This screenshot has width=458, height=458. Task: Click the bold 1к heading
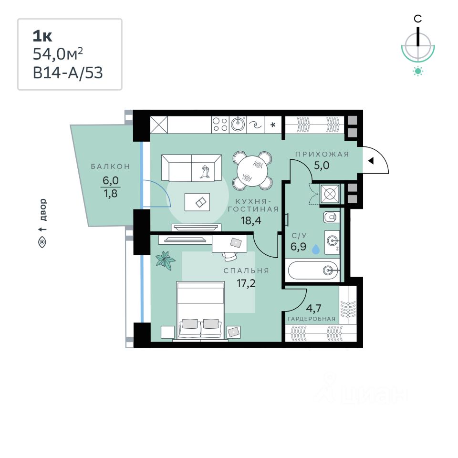point(42,36)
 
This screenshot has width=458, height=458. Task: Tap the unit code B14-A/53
point(67,73)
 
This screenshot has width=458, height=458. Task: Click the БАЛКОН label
point(111,167)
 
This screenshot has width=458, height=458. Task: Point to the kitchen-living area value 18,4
point(252,220)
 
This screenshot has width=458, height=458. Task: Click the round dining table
point(251,170)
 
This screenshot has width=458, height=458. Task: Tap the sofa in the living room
point(191,167)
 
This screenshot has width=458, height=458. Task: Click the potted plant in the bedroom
point(165,260)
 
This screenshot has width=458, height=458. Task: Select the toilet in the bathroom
point(331,218)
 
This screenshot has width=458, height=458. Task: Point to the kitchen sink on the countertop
point(238,125)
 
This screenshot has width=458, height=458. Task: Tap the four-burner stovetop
point(220,125)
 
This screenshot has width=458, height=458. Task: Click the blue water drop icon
point(316,249)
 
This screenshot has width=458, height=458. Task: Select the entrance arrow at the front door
point(370,161)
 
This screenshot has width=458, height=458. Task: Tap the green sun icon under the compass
point(418,72)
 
